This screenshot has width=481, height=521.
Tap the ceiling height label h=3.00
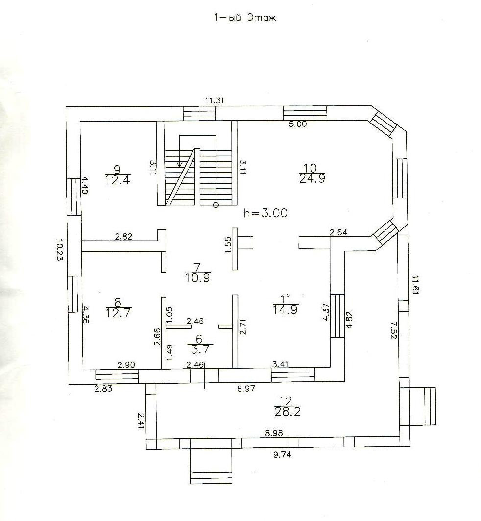[x=266, y=213]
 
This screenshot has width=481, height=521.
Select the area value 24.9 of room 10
[x=311, y=178]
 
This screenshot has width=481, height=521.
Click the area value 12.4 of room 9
[x=118, y=179]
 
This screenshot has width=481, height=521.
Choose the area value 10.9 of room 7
[x=198, y=277]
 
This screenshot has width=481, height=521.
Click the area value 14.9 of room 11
[x=286, y=308]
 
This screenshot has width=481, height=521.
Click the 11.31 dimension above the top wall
[x=215, y=101]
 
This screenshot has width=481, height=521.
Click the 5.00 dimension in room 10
[x=297, y=124]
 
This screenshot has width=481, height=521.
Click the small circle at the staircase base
[x=216, y=205]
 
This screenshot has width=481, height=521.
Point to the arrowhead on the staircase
[x=180, y=165]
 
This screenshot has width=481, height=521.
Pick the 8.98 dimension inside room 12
[x=274, y=433]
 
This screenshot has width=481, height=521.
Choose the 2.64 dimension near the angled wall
[x=339, y=232]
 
